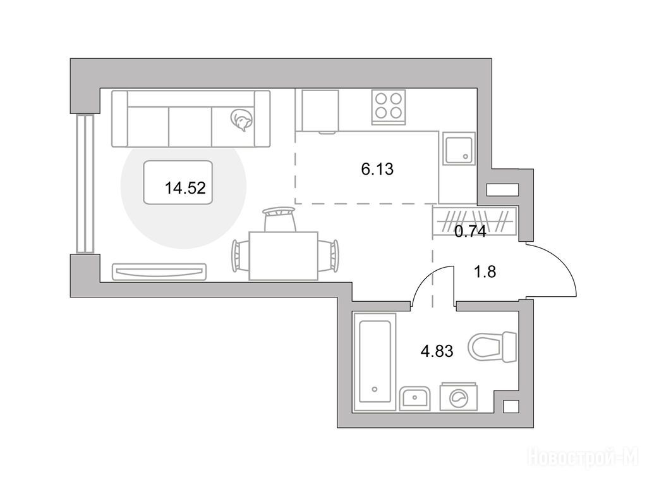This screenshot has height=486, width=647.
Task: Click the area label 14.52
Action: tap(185, 189)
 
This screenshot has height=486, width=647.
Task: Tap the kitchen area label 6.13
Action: tap(377, 169)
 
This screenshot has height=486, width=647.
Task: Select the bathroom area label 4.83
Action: tap(437, 351)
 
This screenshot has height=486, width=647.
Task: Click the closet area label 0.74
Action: tap(470, 232)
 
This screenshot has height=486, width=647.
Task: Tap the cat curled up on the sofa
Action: tap(241, 120)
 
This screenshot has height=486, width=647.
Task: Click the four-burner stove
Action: tap(388, 107)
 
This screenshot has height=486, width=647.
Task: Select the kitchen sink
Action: tap(459, 148)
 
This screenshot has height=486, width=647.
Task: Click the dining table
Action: tap(284, 256)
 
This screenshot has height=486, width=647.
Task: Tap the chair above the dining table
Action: tap(280, 220)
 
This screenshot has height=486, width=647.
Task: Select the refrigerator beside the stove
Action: tap(320, 111)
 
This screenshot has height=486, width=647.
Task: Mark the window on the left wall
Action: tap(85, 184)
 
